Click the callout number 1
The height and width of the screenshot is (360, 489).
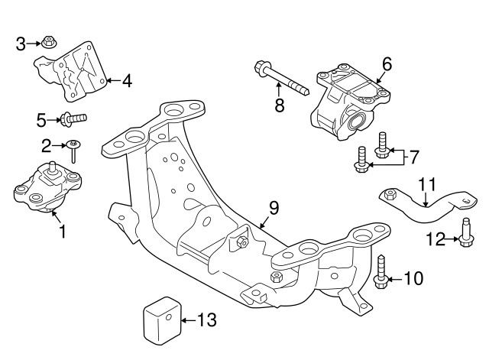(x=62, y=229)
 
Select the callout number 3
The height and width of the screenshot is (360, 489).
(x=21, y=44)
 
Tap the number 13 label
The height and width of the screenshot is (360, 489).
(x=207, y=319)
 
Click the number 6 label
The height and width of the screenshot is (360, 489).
(x=387, y=64)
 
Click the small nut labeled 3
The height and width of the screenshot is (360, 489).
(x=47, y=41)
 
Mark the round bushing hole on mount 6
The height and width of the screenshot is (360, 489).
(x=355, y=121)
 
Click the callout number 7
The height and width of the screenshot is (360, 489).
(x=413, y=158)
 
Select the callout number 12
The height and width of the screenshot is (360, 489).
(x=436, y=239)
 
